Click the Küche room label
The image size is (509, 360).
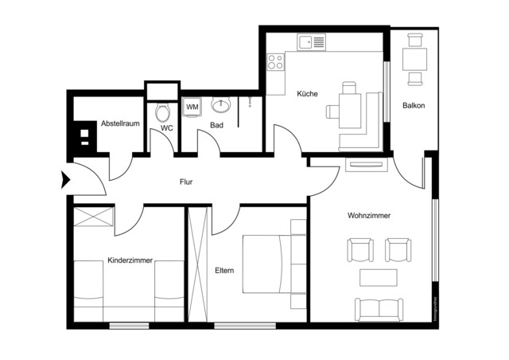pos(308,94)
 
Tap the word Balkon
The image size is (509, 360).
pos(414,105)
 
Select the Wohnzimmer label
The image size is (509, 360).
pos(369,216)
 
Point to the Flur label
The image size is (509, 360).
pos(187,182)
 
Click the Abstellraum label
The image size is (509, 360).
pos(120,123)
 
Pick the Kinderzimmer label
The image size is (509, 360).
pos(130,260)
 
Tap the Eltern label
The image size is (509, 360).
pos(224,271)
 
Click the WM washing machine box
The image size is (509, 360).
pos(192,106)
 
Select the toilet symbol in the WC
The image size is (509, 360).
pos(164,111)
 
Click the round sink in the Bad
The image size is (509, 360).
pos(220,105)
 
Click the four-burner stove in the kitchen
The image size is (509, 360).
pos(276,61)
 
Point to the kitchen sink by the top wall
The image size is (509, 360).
pos(310,41)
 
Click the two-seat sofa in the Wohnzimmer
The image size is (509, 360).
pos(379,308)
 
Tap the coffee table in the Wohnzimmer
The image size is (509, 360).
pos(379,277)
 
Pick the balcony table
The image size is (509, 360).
pos(414,58)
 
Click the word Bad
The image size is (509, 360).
pos(216,126)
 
